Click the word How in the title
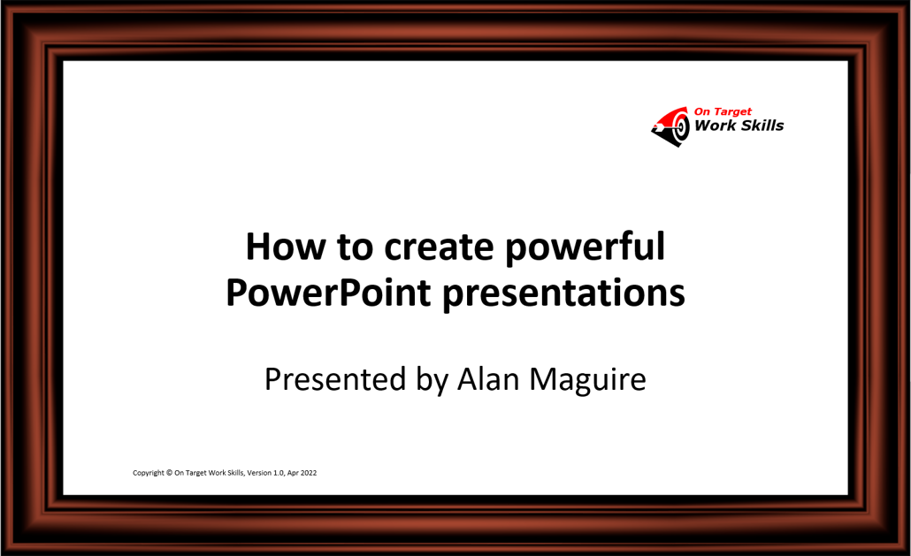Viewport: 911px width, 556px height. click(286, 247)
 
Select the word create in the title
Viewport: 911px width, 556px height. click(439, 248)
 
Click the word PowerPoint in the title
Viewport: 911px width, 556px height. click(328, 293)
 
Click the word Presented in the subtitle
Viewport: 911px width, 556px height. click(334, 379)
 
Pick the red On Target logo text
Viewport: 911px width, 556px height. click(723, 111)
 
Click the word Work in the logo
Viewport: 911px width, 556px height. click(716, 126)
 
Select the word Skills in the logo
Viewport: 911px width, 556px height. click(762, 126)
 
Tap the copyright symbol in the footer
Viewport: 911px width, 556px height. click(170, 472)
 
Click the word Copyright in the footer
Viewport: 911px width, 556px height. click(149, 473)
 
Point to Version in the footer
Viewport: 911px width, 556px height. click(259, 472)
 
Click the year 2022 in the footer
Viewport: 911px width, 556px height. click(309, 472)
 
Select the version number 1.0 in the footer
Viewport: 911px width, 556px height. click(279, 472)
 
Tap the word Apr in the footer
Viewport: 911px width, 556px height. click(293, 473)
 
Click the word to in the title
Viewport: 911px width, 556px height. click(355, 248)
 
